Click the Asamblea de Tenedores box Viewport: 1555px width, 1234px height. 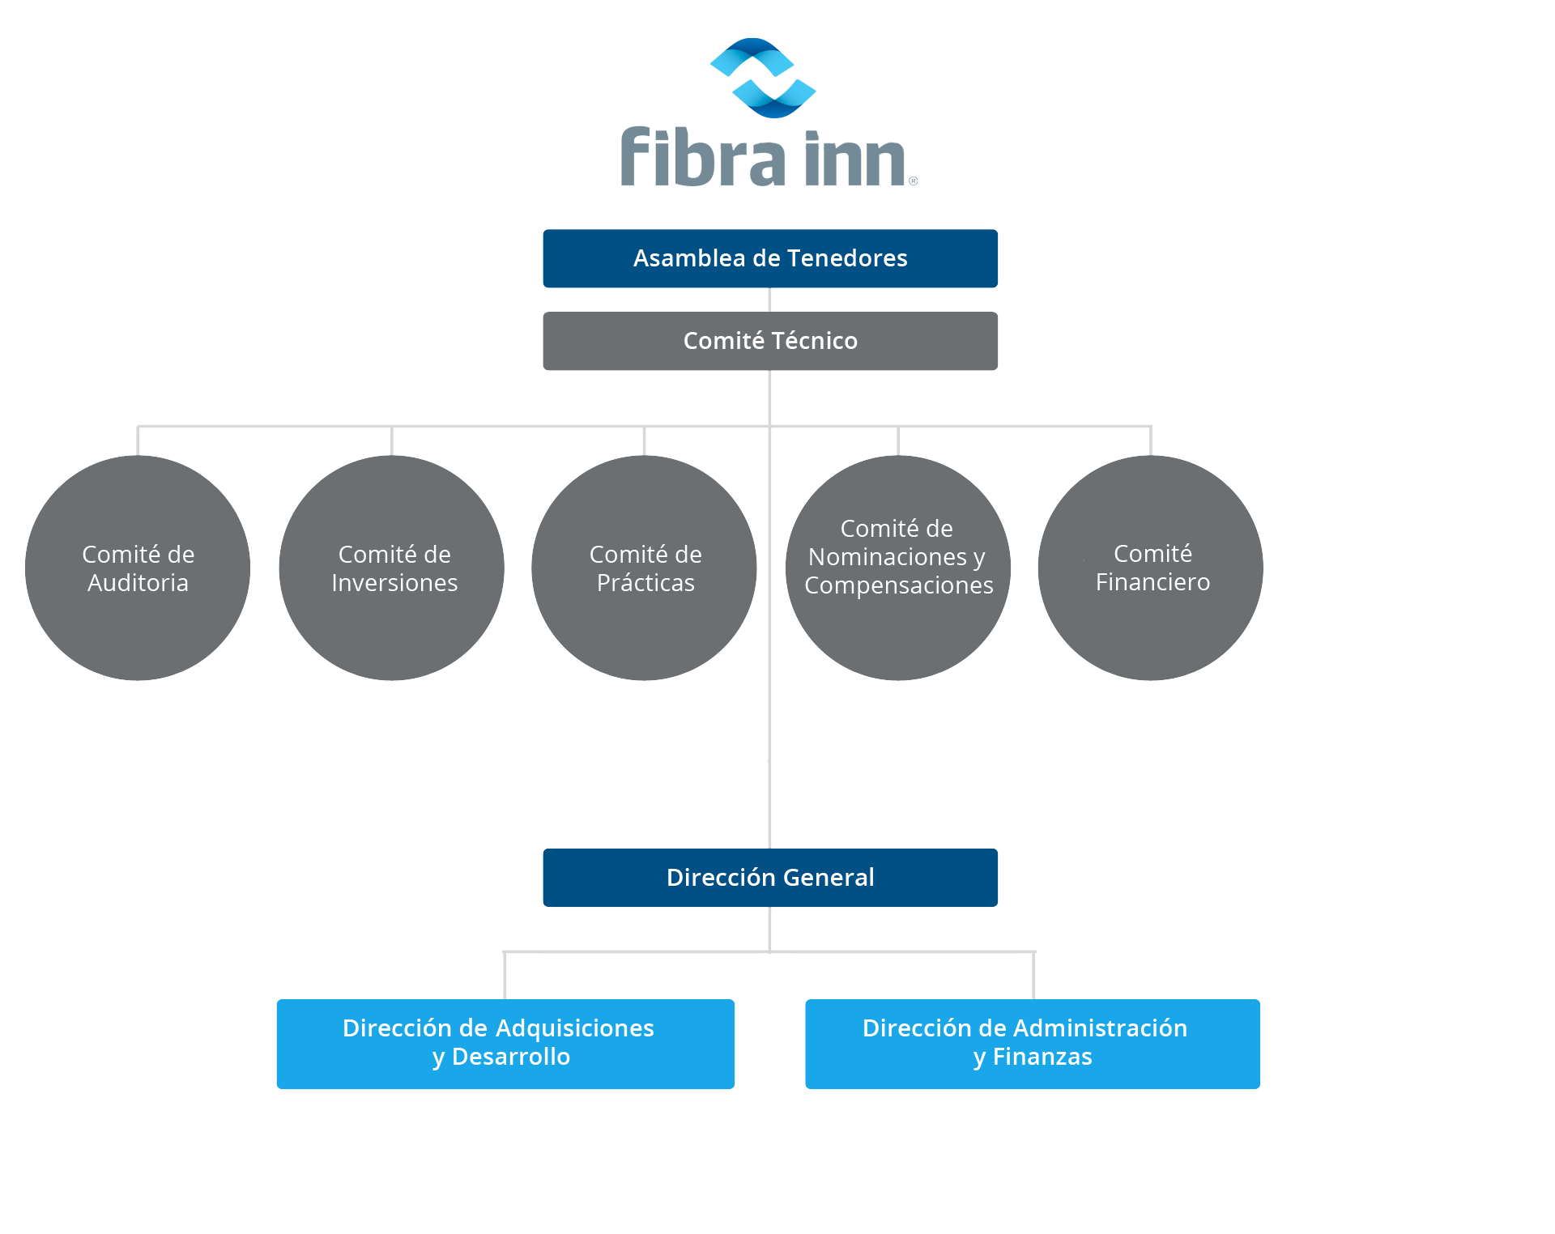coord(769,258)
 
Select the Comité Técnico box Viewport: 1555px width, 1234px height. coord(769,341)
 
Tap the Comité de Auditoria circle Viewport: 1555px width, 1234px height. coord(138,568)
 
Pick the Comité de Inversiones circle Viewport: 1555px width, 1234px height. coord(391,568)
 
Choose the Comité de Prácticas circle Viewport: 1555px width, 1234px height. coord(644,568)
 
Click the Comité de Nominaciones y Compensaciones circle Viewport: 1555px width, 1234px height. coord(897,568)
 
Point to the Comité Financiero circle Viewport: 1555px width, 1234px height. coord(1150,568)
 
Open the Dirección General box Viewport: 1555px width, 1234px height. coord(769,878)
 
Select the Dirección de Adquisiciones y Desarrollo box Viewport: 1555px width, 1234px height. coord(505,1044)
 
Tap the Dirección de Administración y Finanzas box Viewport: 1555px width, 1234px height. coord(1033,1044)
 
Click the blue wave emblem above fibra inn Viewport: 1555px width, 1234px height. coord(763,78)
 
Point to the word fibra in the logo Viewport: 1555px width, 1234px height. coord(702,157)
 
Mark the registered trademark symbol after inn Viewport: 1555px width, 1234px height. coord(913,181)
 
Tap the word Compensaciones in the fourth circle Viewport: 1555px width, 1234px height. coord(898,585)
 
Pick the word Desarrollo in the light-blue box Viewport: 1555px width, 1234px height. coord(511,1057)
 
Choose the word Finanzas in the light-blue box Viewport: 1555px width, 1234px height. coord(1042,1057)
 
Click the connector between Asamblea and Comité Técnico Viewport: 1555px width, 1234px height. coord(769,300)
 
